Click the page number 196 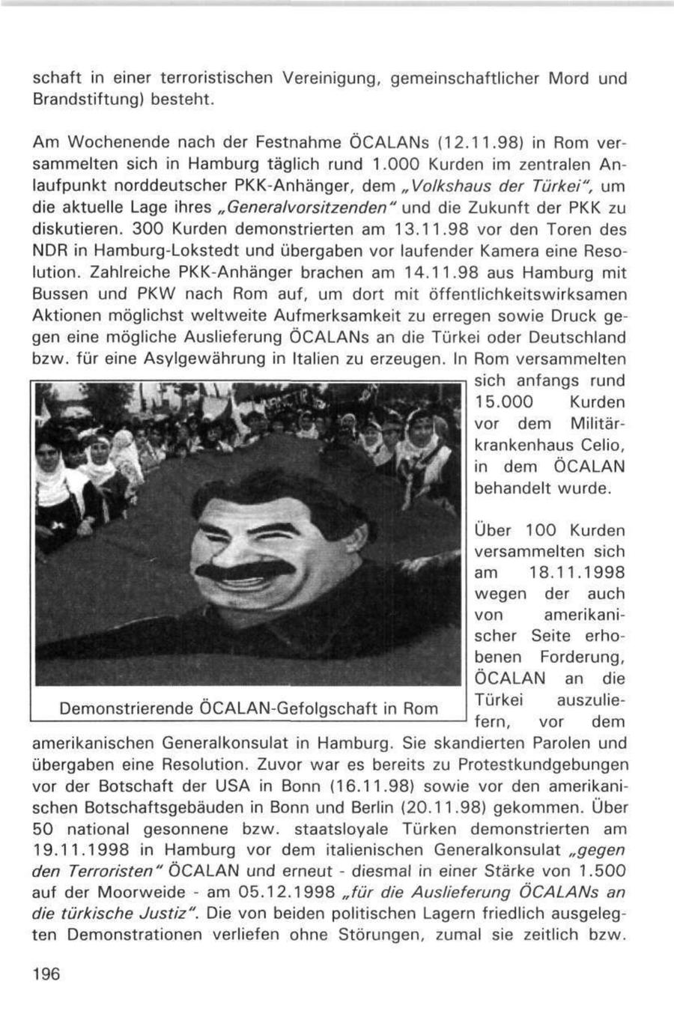(x=46, y=973)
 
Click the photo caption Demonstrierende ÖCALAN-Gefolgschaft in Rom (x=248, y=708)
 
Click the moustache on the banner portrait (x=235, y=572)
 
